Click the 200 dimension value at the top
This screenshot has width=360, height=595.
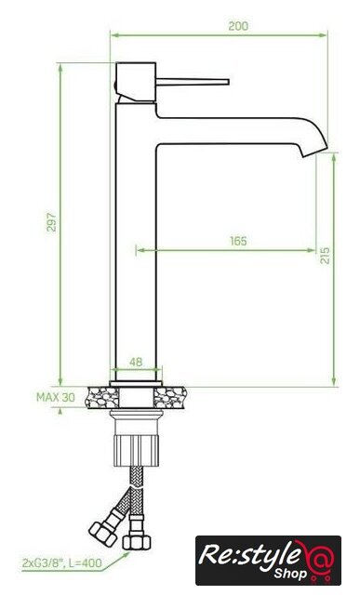(x=238, y=26)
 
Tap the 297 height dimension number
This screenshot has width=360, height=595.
(x=51, y=222)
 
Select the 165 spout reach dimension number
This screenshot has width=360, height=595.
(x=238, y=241)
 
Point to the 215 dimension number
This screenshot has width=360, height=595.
(x=325, y=255)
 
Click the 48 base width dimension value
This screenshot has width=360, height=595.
(x=136, y=362)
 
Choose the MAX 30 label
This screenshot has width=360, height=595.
(x=56, y=397)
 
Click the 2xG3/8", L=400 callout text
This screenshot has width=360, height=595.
(x=62, y=562)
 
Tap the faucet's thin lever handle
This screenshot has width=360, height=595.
(x=193, y=82)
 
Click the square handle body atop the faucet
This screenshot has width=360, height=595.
(x=136, y=82)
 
